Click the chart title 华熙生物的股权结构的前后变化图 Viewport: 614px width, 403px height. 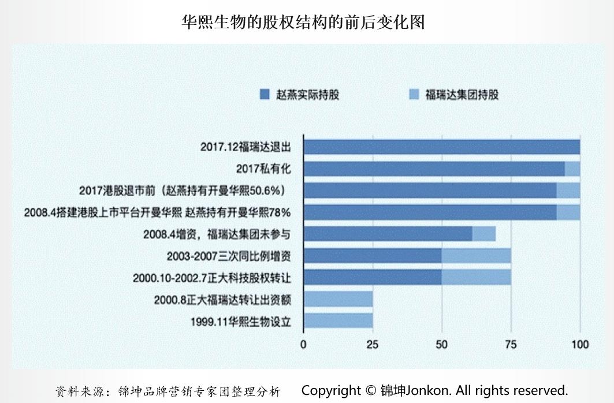click(x=303, y=23)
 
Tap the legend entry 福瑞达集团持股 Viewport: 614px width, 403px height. click(x=453, y=94)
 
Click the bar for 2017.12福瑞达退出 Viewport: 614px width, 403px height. click(x=442, y=147)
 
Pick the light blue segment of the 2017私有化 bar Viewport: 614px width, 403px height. click(x=572, y=169)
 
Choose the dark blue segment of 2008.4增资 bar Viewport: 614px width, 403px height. click(x=388, y=234)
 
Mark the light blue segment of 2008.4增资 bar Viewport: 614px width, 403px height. click(x=484, y=234)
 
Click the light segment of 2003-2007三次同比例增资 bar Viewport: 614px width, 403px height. click(x=476, y=256)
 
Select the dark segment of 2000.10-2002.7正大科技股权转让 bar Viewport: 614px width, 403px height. click(x=373, y=277)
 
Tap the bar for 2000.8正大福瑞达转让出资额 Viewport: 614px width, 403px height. click(x=338, y=299)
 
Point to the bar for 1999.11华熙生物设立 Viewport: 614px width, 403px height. click(x=338, y=320)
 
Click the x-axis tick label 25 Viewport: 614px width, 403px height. click(x=373, y=345)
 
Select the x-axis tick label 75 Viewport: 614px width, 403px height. click(x=511, y=345)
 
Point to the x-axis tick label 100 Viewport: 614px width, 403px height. click(x=579, y=345)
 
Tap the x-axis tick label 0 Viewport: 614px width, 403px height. click(x=304, y=345)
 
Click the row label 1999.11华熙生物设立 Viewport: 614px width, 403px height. click(x=240, y=321)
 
